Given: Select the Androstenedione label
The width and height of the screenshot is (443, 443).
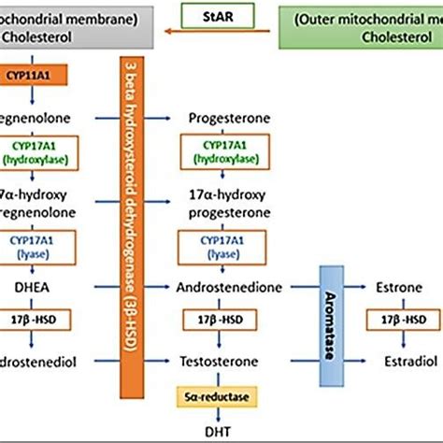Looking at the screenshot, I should (230, 289).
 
